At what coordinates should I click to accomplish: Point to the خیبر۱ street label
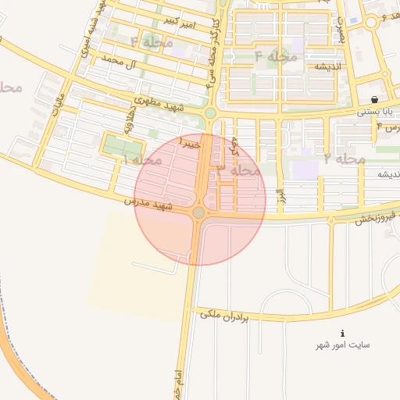pyautogui.click(x=191, y=144)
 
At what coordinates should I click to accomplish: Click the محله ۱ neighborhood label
pyautogui.click(x=141, y=160)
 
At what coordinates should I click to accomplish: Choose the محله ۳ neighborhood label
pyautogui.click(x=238, y=169)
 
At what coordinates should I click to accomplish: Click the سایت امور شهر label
pyautogui.click(x=342, y=345)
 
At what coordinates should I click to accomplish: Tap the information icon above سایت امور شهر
pyautogui.click(x=342, y=332)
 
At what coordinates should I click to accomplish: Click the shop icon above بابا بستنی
pyautogui.click(x=376, y=100)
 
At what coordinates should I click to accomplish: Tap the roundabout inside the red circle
pyautogui.click(x=198, y=212)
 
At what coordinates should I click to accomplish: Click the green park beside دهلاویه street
pyautogui.click(x=119, y=146)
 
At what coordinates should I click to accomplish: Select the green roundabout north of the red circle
pyautogui.click(x=209, y=114)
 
